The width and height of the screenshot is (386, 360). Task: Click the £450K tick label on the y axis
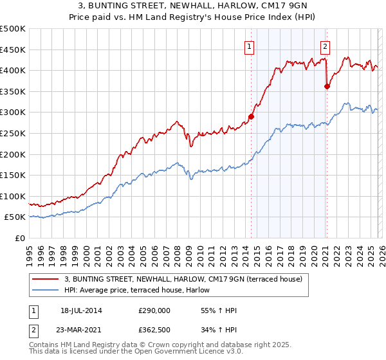point(13,50)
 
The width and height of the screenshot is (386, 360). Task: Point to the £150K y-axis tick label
point(13,175)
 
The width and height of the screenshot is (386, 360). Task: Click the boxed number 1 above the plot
point(249,46)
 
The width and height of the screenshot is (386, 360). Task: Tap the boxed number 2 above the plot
point(326,46)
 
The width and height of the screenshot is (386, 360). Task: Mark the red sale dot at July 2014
point(251,117)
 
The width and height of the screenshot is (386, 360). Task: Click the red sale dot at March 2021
point(327,86)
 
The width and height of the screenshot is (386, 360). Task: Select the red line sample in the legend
point(45,278)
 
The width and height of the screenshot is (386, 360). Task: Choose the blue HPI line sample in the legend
point(45,290)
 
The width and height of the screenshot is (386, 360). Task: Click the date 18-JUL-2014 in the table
point(80,310)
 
